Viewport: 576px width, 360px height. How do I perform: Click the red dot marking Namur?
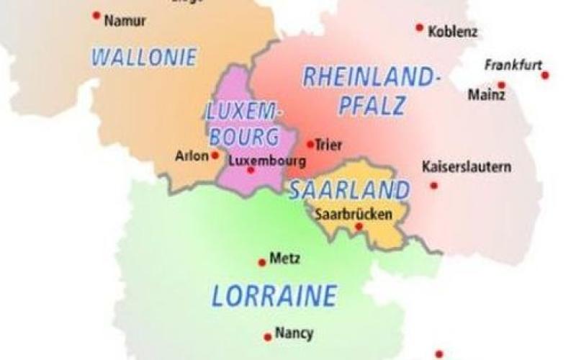(x=96, y=15)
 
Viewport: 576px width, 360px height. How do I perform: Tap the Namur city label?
(x=125, y=21)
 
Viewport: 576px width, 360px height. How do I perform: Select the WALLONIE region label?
(x=144, y=57)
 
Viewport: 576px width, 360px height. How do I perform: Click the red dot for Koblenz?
(x=420, y=27)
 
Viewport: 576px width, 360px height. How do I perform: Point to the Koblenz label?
(x=452, y=32)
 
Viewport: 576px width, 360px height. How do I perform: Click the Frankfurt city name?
(x=513, y=65)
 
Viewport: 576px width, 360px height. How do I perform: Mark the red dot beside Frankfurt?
(x=545, y=75)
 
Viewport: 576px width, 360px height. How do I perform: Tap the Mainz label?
(x=486, y=94)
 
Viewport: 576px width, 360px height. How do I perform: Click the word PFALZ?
(x=373, y=106)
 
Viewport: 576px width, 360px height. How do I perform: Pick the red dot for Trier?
(x=310, y=144)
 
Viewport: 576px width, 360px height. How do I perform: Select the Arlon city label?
(x=192, y=155)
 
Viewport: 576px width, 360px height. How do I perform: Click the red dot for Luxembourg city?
(x=251, y=171)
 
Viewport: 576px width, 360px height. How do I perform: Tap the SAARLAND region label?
(x=349, y=190)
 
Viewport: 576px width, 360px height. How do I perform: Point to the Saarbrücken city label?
(x=354, y=214)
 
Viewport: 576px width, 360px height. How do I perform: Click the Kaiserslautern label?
(x=467, y=167)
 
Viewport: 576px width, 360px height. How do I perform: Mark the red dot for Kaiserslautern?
(x=433, y=186)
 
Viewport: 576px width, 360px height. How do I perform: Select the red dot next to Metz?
(x=262, y=263)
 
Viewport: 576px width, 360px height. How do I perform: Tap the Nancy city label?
(x=294, y=333)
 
